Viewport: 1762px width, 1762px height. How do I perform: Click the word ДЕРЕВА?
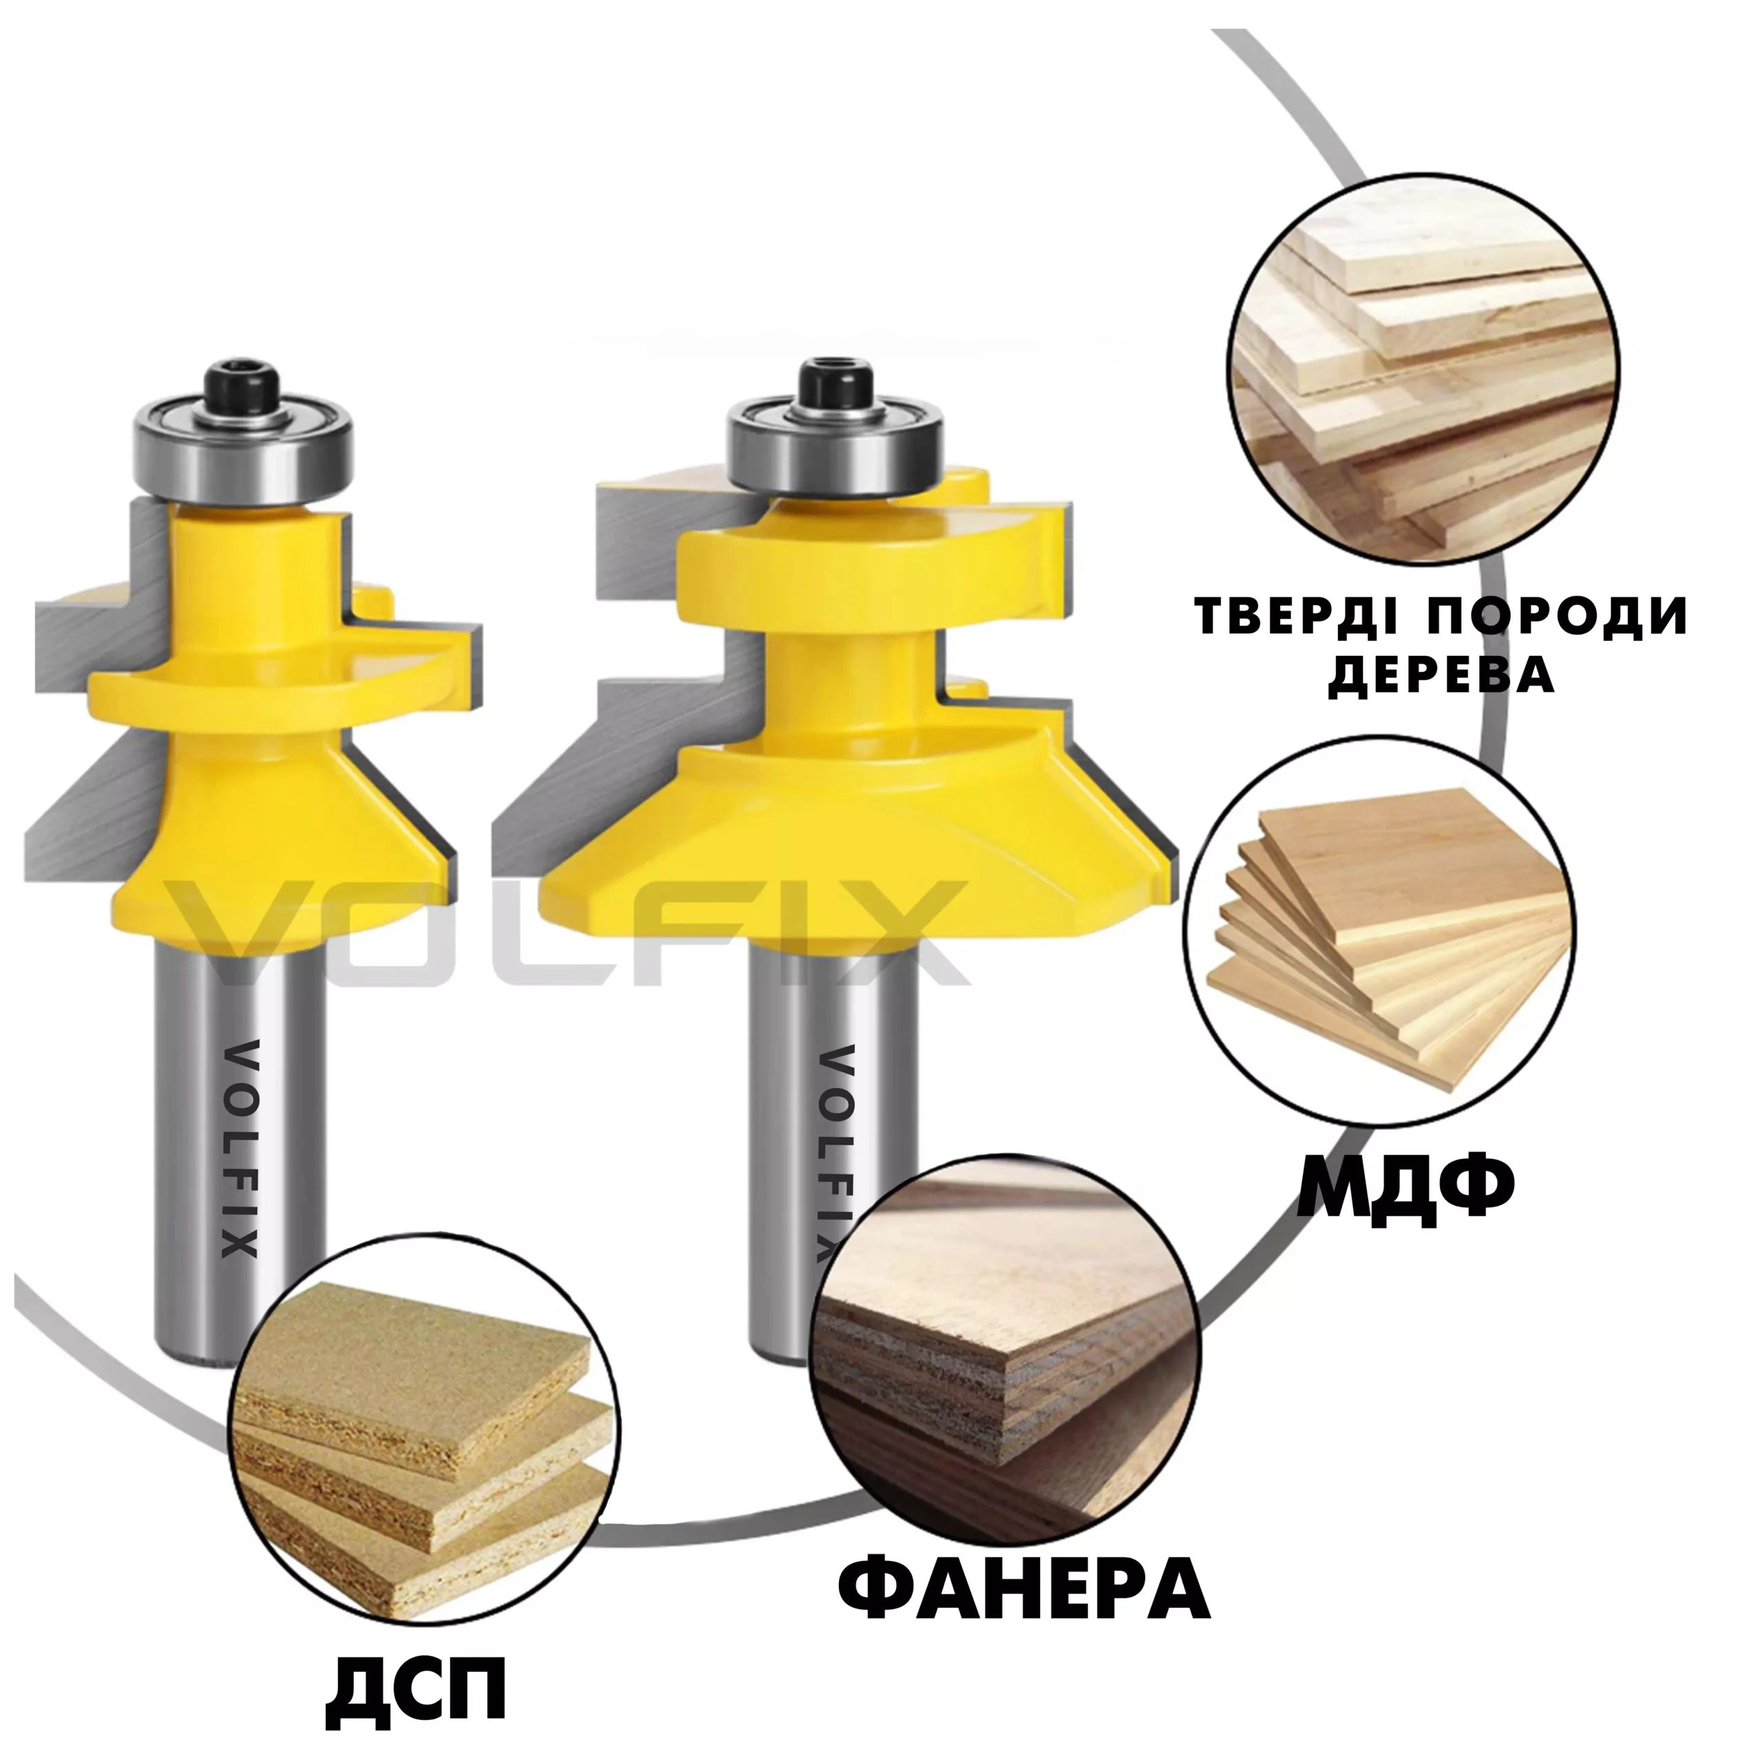click(x=1442, y=676)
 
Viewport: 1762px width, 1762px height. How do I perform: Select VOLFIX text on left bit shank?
click(x=240, y=1150)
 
